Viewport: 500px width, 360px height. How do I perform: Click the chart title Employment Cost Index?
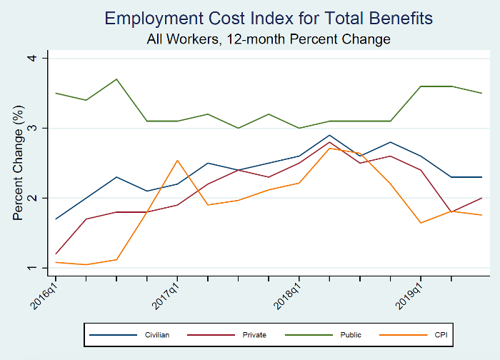269,18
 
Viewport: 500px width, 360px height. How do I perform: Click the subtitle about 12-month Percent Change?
269,39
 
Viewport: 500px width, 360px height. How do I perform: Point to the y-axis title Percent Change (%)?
19,163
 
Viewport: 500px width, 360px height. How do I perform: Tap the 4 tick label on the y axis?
43,58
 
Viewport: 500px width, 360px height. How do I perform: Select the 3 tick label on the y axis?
43,128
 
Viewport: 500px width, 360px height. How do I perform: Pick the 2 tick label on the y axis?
43,198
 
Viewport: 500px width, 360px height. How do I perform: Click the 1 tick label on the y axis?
43,268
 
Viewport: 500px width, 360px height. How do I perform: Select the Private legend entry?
255,334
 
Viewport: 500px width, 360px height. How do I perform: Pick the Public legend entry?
351,334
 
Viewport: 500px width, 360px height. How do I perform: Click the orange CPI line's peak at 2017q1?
177,160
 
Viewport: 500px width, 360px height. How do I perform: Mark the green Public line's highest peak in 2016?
116,79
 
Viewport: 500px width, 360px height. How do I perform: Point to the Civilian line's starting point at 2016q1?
56,219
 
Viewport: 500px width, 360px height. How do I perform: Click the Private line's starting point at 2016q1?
56,254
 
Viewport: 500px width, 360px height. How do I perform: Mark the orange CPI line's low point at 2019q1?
421,223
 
